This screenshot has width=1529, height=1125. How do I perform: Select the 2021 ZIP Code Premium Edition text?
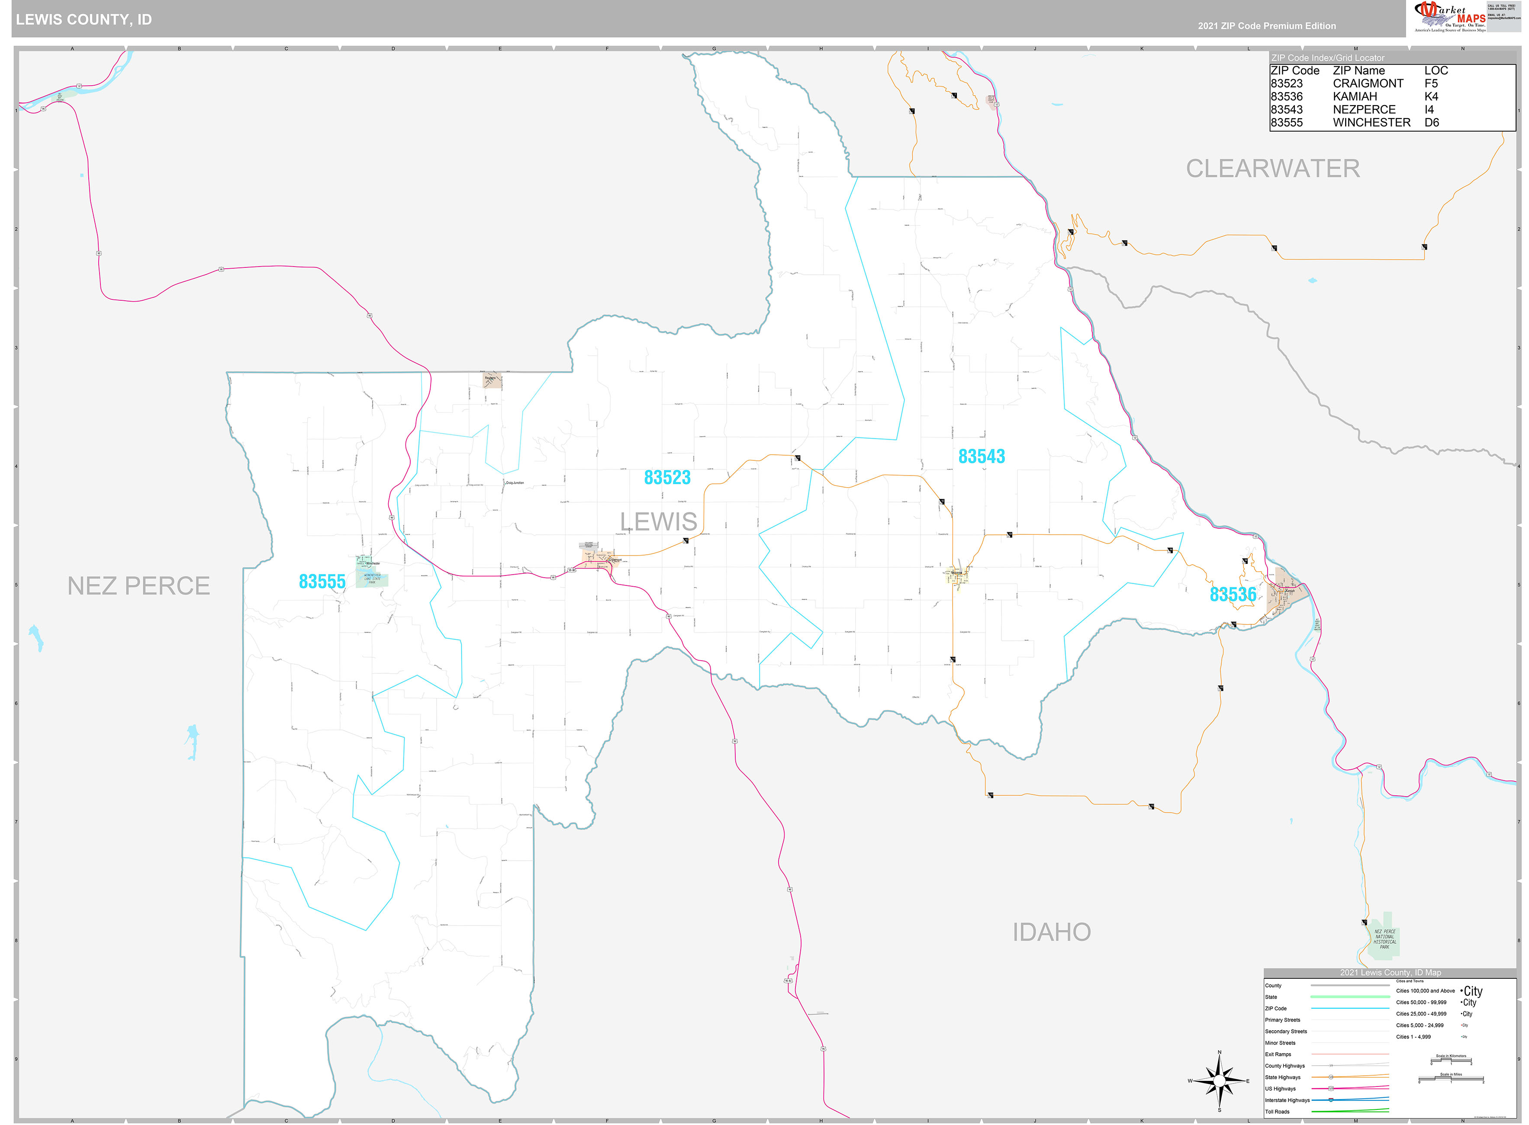point(1267,26)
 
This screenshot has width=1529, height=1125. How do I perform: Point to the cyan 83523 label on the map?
point(667,477)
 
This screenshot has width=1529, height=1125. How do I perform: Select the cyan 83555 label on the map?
point(322,582)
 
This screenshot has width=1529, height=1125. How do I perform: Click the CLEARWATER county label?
point(1272,169)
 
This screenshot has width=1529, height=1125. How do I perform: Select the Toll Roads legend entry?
point(1277,1112)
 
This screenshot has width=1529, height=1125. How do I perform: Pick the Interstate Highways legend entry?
point(1287,1100)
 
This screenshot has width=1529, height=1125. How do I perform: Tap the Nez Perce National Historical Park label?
point(1384,939)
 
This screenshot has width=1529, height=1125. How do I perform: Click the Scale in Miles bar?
point(1451,1079)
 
